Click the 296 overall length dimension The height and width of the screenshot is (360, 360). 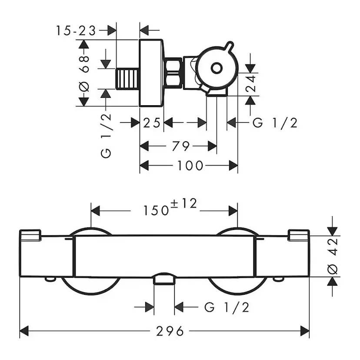tap(170, 331)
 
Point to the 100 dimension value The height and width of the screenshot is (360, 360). tap(190, 166)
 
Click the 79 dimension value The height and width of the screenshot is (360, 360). tap(180, 146)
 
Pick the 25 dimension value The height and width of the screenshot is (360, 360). tap(152, 123)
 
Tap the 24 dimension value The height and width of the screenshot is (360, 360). tap(251, 84)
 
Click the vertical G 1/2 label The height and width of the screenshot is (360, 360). tap(106, 135)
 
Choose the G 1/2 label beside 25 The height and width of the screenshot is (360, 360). tap(275, 123)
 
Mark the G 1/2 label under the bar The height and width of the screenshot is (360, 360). tap(227, 308)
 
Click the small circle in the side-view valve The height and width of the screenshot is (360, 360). tap(216, 68)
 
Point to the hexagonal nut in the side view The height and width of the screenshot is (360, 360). tap(173, 73)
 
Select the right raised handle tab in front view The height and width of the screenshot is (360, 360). tap(299, 235)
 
